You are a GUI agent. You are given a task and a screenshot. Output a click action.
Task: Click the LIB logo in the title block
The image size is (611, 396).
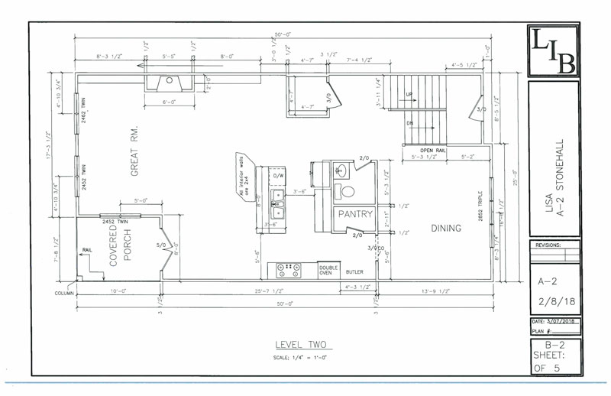pyautogui.click(x=553, y=51)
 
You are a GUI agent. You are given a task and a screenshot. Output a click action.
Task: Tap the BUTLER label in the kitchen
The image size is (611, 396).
pyautogui.click(x=354, y=272)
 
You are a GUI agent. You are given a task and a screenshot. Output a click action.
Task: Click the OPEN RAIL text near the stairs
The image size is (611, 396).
pyautogui.click(x=433, y=150)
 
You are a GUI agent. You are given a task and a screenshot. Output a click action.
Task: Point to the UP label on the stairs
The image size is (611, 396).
pyautogui.click(x=409, y=96)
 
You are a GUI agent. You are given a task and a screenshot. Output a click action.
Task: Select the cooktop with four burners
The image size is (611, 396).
pyautogui.click(x=290, y=271)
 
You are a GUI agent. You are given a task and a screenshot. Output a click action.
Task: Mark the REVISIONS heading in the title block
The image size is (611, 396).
pyautogui.click(x=549, y=246)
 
